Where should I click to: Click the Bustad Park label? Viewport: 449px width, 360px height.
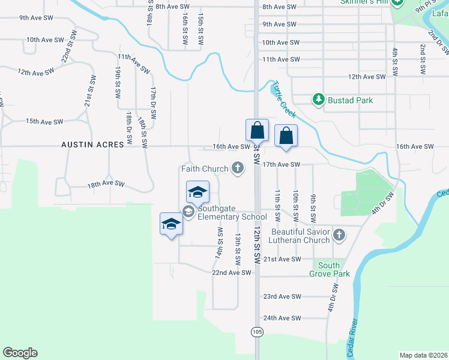350,100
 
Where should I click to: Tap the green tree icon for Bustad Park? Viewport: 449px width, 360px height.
318,100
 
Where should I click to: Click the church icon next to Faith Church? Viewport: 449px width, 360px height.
238,167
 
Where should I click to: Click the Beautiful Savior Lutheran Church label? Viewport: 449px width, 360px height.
301,236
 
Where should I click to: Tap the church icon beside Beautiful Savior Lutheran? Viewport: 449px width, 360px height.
339,235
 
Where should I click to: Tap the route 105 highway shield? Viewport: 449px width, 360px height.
258,332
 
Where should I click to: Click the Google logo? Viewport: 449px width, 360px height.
20,353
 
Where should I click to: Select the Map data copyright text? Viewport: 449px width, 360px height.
423,355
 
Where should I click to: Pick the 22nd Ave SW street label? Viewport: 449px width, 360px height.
231,272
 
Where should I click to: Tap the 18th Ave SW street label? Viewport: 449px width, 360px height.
106,184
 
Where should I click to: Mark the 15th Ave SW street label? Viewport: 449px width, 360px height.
44,121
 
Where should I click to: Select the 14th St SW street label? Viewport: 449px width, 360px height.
220,243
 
